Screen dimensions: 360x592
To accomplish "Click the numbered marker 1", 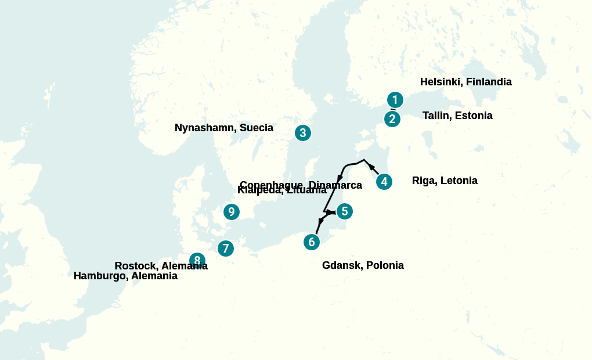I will pos(395,100).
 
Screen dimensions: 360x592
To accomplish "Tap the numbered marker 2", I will pos(392,119).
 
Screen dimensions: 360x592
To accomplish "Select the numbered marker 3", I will pos(302,133).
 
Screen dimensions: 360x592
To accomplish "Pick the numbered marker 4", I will pos(384,182).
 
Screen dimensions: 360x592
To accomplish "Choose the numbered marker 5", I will pos(344,211).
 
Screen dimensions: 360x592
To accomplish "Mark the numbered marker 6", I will pos(312,242).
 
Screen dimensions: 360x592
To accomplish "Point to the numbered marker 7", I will pos(225,249).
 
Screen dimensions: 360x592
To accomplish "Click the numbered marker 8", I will pos(197,260).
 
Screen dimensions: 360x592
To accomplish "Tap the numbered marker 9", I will pos(231,212).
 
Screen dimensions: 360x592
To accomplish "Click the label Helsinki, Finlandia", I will pos(465,82).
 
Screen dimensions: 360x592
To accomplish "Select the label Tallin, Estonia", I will pos(457,116).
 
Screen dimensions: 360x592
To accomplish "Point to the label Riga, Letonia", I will pos(445,181).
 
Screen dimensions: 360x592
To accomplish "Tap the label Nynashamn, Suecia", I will pos(223,128).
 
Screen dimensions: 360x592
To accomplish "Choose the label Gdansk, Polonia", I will pos(363,265).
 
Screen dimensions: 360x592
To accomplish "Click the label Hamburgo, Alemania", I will pos(125,276).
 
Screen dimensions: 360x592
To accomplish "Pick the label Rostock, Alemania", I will pos(161,266).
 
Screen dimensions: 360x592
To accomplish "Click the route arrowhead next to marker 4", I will pos(372,168).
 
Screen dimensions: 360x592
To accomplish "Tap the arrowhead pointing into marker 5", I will pos(331,213).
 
